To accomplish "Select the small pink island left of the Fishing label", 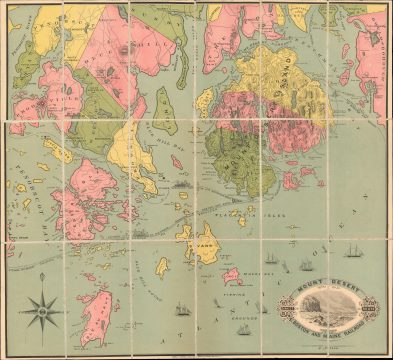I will pos(231,275).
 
